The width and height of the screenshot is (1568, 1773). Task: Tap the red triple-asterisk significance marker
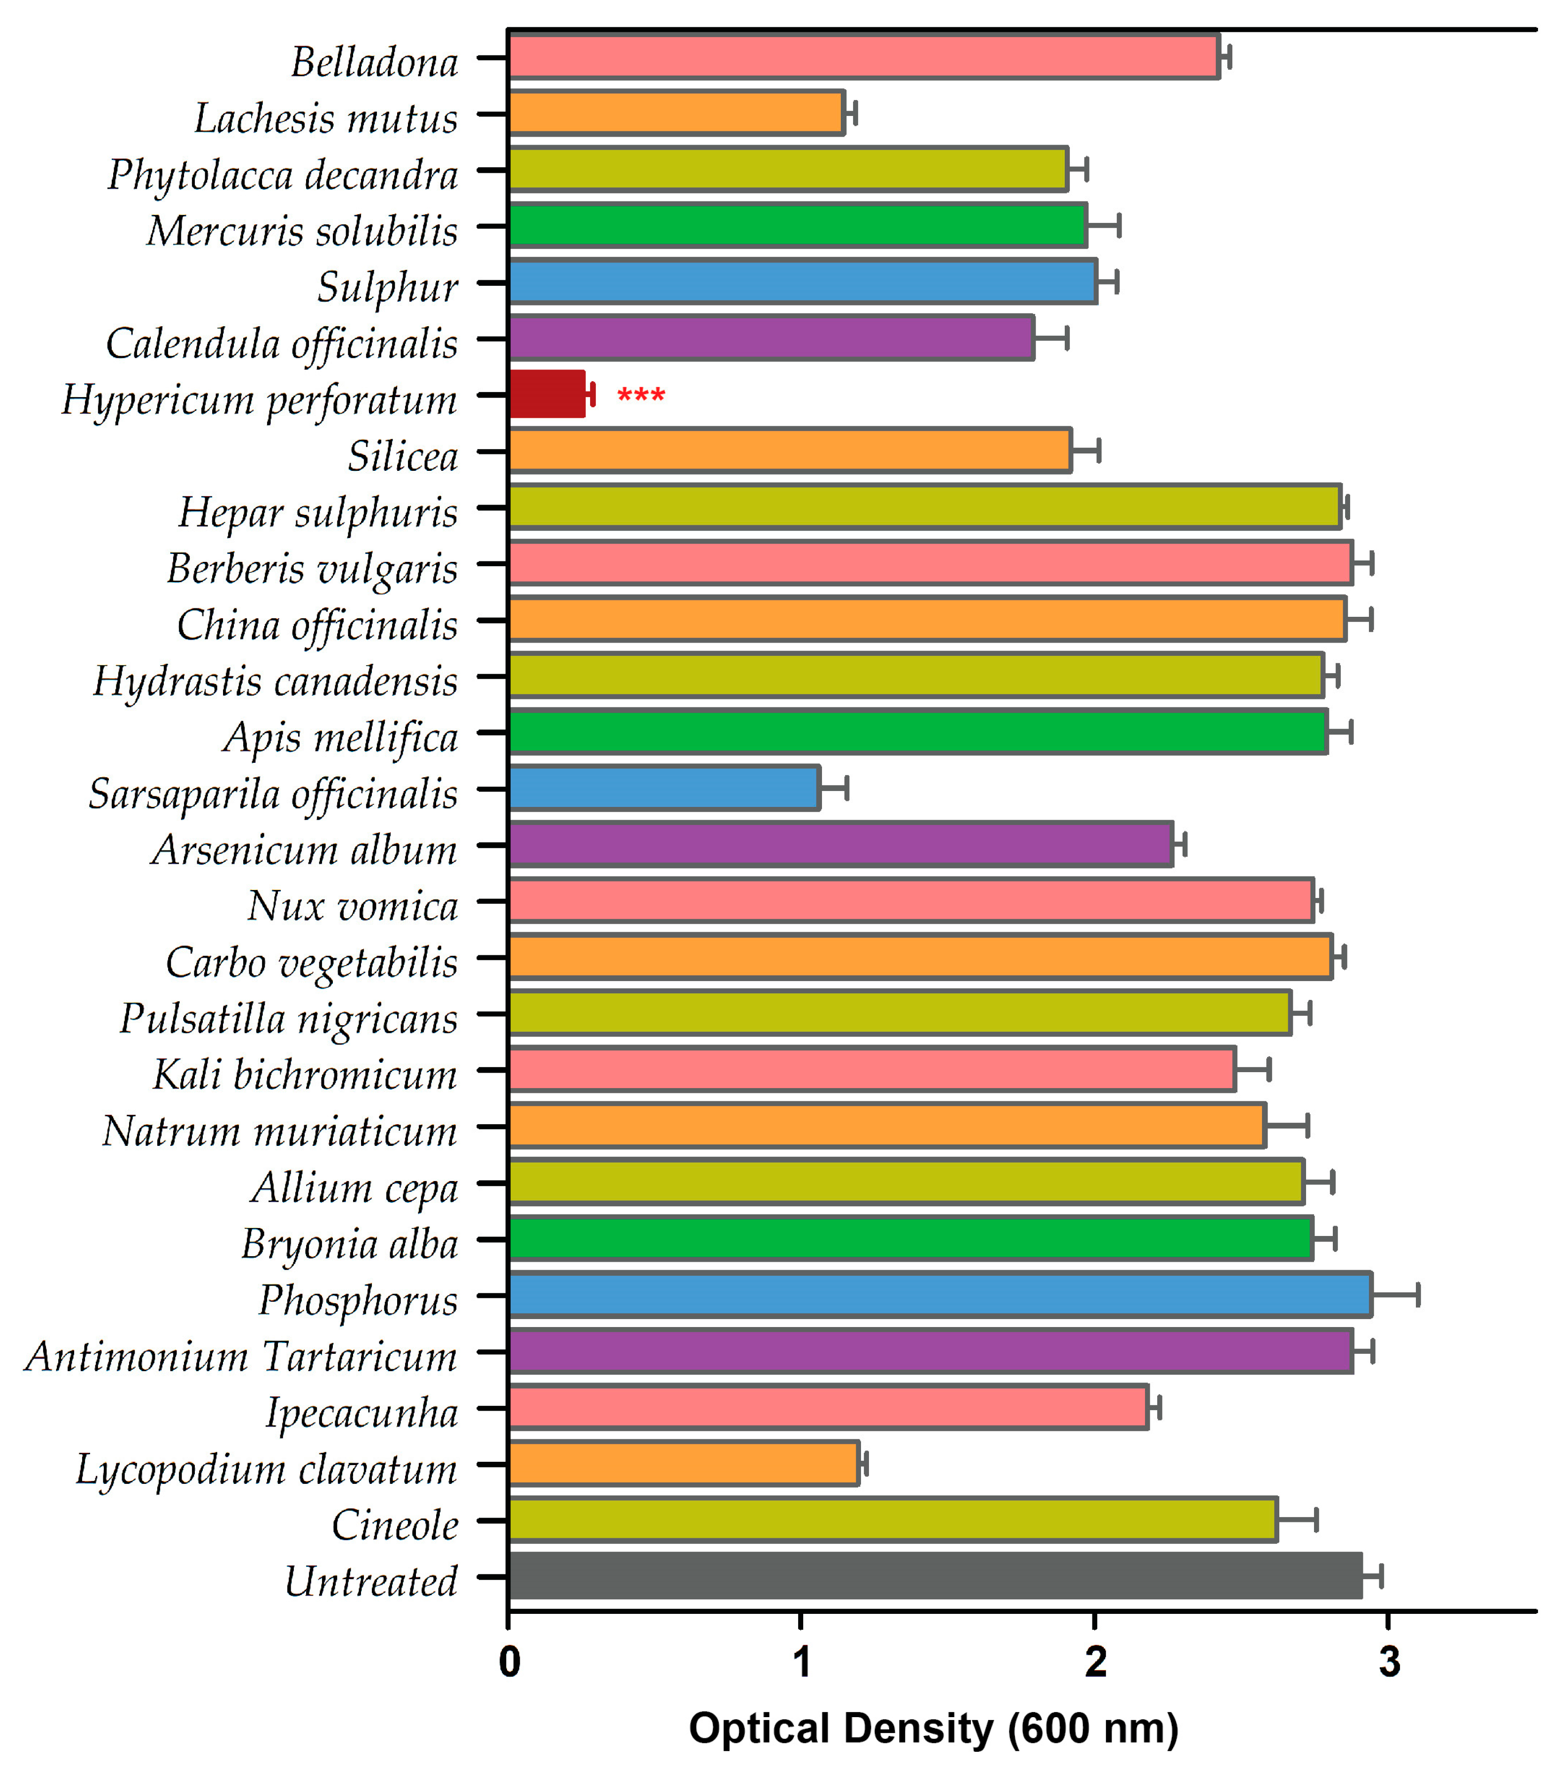tap(641, 396)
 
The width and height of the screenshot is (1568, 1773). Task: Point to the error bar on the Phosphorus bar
tap(1395, 1295)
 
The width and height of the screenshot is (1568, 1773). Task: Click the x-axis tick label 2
tap(1095, 1662)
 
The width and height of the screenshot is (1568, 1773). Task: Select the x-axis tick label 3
tap(1389, 1662)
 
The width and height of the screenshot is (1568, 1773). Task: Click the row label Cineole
tap(395, 1525)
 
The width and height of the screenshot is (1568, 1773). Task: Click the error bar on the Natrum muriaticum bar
tap(1286, 1126)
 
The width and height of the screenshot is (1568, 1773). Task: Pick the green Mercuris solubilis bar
tap(798, 225)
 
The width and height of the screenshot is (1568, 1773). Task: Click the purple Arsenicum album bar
tap(840, 844)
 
